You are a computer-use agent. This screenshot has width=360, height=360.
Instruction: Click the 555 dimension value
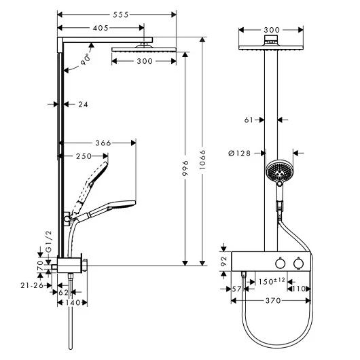pyautogui.click(x=121, y=15)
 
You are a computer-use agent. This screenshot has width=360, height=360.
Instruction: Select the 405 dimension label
pyautogui.click(x=101, y=28)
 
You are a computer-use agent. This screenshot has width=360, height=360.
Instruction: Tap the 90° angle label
pyautogui.click(x=85, y=60)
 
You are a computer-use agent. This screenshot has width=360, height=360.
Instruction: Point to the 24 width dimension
pyautogui.click(x=83, y=105)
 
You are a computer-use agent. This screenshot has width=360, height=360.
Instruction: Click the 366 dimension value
pyautogui.click(x=103, y=143)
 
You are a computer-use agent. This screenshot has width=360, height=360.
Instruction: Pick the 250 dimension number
pyautogui.click(x=84, y=156)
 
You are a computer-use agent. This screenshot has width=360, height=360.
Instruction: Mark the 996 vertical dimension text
pyautogui.click(x=185, y=168)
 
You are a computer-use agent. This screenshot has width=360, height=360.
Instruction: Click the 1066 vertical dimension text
pyautogui.click(x=202, y=160)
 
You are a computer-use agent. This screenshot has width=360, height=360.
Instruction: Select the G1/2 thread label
pyautogui.click(x=49, y=241)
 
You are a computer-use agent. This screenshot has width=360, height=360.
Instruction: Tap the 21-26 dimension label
pyautogui.click(x=32, y=285)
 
